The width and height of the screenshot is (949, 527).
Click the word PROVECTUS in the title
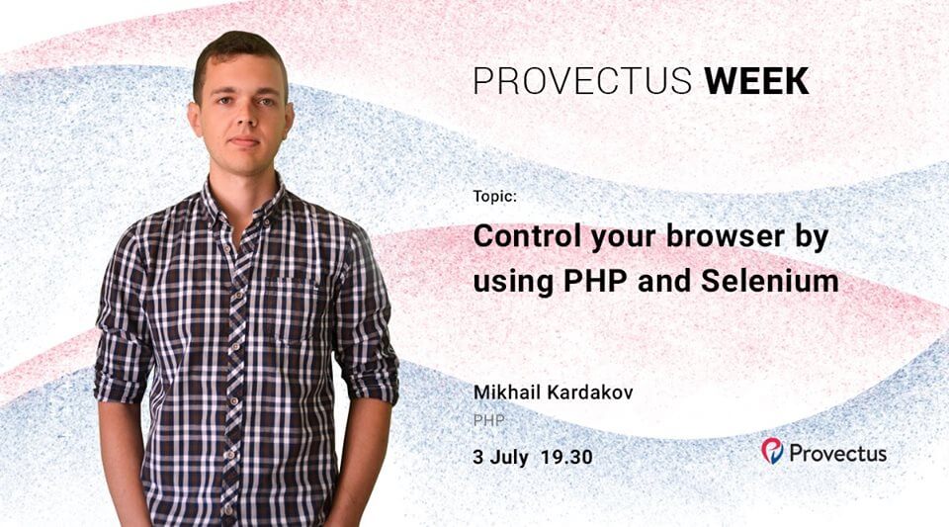(x=582, y=81)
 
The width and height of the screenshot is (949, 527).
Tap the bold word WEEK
(x=756, y=81)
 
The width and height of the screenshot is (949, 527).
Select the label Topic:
(x=495, y=197)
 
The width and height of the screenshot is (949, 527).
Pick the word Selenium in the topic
(x=770, y=282)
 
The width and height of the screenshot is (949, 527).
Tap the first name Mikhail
(x=507, y=393)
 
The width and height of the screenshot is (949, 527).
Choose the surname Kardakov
(x=590, y=393)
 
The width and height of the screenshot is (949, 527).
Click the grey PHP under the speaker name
(x=489, y=420)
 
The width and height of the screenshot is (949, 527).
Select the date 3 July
(x=501, y=458)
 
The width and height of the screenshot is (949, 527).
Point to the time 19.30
(x=567, y=458)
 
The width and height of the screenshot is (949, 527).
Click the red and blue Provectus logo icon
(x=772, y=451)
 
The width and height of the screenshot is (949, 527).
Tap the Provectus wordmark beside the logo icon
(x=838, y=454)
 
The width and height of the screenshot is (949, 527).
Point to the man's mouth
(x=244, y=142)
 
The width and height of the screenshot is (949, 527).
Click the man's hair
(x=238, y=54)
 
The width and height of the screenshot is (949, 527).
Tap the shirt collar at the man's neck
(x=242, y=203)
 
